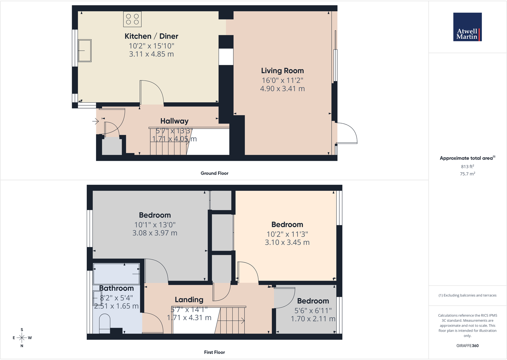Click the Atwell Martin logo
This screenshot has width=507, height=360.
(x=467, y=27)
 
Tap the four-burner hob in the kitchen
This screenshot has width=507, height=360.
(x=132, y=19)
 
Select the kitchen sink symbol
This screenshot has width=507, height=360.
(x=84, y=50)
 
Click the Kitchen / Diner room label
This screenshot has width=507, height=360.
(x=151, y=36)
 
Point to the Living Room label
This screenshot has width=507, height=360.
(x=283, y=71)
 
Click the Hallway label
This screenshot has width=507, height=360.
(x=174, y=121)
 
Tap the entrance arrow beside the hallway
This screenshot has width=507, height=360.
(x=96, y=121)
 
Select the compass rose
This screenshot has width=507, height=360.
(x=22, y=338)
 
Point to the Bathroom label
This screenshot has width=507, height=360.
(x=116, y=288)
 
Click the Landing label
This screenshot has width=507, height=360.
(x=189, y=300)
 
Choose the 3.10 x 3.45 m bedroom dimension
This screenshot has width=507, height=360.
(x=287, y=243)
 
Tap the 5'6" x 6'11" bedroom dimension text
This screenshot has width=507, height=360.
(x=313, y=311)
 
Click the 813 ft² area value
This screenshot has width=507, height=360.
(x=467, y=167)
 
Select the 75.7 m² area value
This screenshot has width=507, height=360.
(x=467, y=174)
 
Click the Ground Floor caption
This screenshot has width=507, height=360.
(x=214, y=173)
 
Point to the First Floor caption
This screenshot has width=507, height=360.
(x=214, y=352)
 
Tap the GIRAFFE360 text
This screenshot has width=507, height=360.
(x=467, y=346)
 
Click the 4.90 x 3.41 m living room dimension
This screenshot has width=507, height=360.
(x=283, y=89)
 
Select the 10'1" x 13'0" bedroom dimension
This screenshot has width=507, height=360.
(x=155, y=225)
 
